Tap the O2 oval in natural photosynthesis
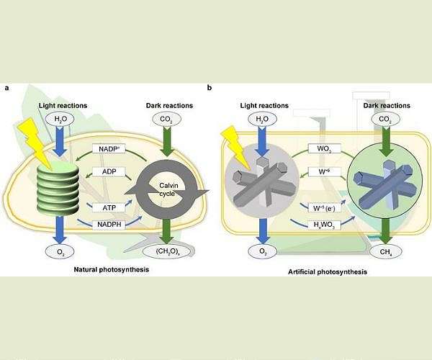click(x=60, y=251)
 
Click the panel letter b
click(x=210, y=88)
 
